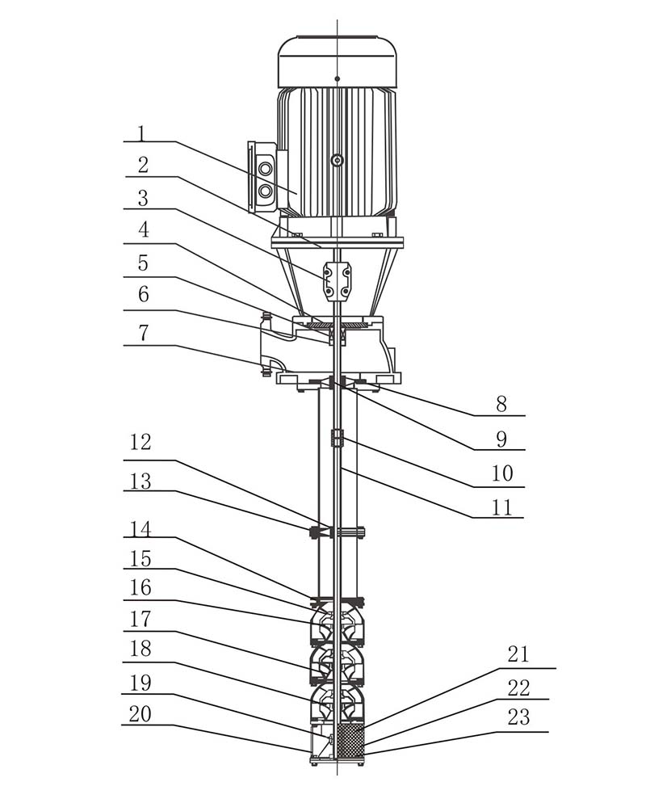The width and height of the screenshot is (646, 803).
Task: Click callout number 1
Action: tap(141, 132)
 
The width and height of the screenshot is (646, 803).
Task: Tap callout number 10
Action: tap(502, 473)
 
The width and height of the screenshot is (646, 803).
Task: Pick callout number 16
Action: tap(141, 587)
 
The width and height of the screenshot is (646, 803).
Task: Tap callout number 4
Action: tap(142, 230)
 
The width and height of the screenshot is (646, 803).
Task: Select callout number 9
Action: tap(501, 439)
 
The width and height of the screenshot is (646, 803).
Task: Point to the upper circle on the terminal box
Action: tap(264, 170)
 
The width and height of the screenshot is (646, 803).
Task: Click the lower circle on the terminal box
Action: tap(264, 191)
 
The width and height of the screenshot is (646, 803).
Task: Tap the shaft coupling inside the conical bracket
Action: tap(337, 280)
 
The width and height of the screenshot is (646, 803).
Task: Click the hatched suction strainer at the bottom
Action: tap(350, 739)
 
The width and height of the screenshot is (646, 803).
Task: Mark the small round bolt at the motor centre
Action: tap(338, 161)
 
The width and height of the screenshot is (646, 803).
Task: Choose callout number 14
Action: tap(141, 529)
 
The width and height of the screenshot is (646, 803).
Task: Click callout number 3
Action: tap(142, 199)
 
